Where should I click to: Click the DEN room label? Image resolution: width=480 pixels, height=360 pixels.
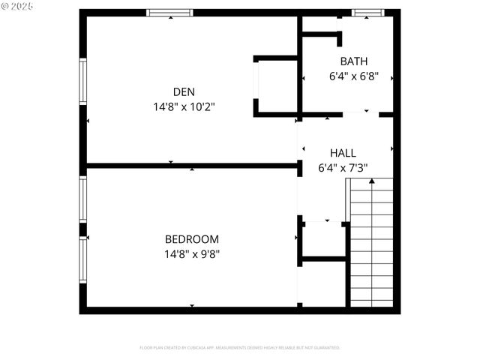coord(184,91)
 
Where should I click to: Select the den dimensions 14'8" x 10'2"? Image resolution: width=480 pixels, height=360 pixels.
coord(184,106)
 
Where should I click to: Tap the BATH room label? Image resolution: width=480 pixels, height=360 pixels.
coord(354,61)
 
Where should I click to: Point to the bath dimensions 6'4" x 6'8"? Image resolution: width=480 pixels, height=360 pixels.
coord(354,76)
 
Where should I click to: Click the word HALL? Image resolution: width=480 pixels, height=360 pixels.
coord(343,153)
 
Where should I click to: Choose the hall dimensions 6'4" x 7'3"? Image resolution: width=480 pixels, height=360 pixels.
coord(343,168)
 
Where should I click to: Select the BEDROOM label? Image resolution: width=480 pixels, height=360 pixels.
coord(192,239)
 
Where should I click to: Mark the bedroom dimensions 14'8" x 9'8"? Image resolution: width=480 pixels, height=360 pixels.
coord(192,253)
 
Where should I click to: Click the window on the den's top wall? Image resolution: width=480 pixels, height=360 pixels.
coord(169,13)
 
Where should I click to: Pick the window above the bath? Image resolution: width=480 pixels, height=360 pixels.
coord(364,13)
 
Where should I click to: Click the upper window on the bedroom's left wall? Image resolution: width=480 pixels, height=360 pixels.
coord(84,199)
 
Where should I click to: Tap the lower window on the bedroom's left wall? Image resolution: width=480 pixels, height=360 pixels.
coord(84,259)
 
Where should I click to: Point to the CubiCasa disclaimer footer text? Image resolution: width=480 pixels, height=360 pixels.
coord(240,348)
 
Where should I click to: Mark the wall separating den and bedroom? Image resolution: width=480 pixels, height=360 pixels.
coord(192,165)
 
